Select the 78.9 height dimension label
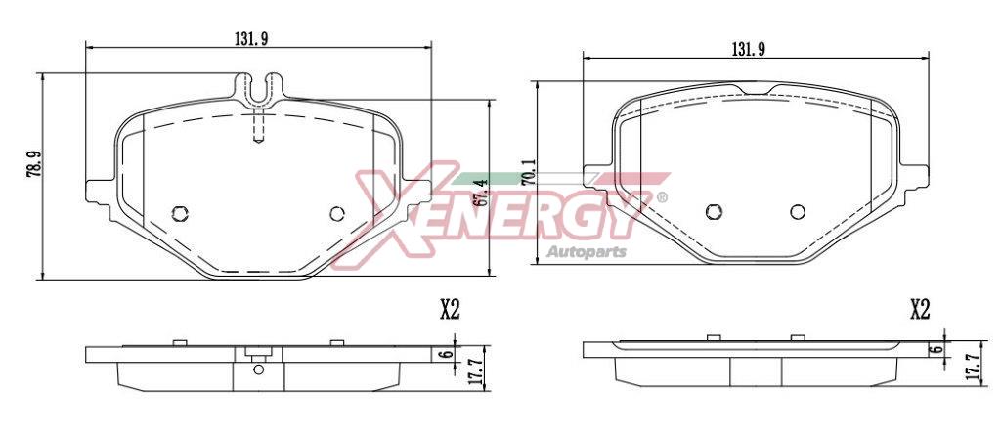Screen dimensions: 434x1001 point(34,163)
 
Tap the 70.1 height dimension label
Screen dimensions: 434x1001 point(528,172)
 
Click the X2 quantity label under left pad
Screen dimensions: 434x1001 point(449,310)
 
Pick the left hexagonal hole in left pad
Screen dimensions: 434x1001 point(179,214)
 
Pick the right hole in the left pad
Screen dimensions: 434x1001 point(337,214)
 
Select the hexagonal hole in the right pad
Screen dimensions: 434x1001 point(714,211)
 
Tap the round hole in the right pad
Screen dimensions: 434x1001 point(798,211)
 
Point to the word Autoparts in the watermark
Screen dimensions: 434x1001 point(586,253)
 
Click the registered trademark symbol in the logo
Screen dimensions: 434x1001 point(662,197)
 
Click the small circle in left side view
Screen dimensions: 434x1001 point(258,369)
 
